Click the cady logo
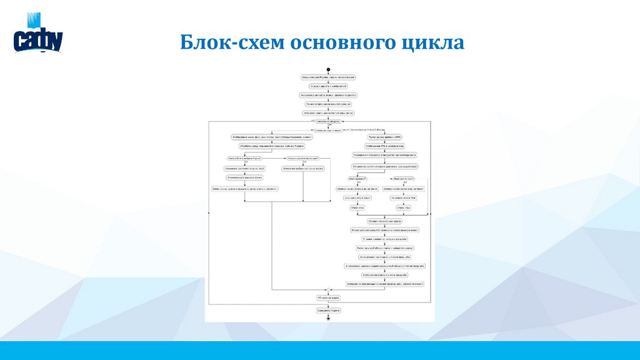click(x=38, y=39)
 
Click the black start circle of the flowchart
click(x=328, y=69)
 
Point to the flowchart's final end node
click(x=328, y=317)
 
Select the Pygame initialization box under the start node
click(x=328, y=77)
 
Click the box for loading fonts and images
click(x=328, y=86)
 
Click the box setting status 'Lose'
click(x=357, y=197)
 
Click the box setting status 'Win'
click(x=404, y=197)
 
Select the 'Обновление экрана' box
click(x=328, y=298)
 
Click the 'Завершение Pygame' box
click(x=328, y=309)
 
